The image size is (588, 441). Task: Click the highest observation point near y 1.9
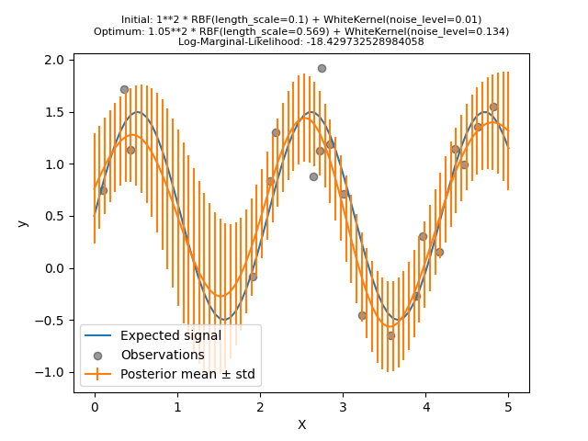[x=322, y=68]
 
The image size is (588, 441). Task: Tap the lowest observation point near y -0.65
[x=390, y=335]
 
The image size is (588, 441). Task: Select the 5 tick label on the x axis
[x=508, y=406]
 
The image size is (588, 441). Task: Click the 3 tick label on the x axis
[x=343, y=406]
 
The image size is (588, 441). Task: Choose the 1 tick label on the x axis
[x=177, y=406]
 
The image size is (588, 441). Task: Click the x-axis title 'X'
[x=301, y=424]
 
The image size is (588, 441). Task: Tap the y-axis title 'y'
[x=23, y=223]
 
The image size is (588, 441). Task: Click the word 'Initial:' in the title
[x=139, y=19]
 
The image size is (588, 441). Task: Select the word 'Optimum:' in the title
[x=117, y=30]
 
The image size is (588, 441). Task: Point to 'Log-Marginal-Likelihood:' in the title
[x=231, y=41]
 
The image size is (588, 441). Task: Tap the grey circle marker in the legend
[x=98, y=355]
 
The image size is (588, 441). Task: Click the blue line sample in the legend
[x=98, y=335]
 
